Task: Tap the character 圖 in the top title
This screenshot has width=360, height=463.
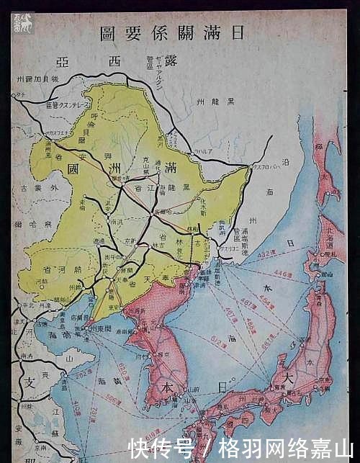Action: (x=108, y=33)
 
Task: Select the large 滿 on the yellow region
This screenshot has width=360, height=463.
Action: (x=170, y=173)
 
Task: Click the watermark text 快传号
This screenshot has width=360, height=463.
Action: (x=161, y=447)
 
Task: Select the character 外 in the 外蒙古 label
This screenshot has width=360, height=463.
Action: (x=48, y=189)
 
